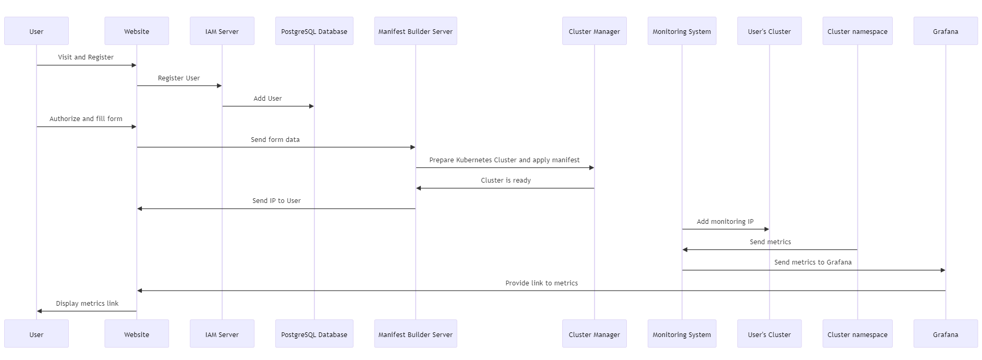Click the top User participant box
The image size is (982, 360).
[37, 31]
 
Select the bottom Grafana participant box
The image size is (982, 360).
[945, 334]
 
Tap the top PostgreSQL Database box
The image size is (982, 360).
[314, 31]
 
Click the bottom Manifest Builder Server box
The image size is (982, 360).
[415, 334]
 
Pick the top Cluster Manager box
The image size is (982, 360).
[594, 31]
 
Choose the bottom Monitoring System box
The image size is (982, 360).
[682, 334]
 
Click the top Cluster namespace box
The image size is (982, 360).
[857, 31]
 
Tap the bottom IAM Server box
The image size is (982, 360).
[222, 334]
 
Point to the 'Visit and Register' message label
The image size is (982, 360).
[86, 57]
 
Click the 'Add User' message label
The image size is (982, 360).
[268, 98]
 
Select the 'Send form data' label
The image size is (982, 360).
[275, 139]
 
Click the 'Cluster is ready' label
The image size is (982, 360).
[505, 180]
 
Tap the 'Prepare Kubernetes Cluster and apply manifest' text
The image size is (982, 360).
[504, 160]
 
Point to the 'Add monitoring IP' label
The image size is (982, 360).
[725, 221]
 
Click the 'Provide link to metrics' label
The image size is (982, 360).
[541, 283]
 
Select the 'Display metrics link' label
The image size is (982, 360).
[87, 303]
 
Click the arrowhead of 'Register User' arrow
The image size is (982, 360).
[220, 86]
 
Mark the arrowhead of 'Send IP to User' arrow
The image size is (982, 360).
[140, 209]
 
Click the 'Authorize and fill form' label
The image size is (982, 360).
[86, 118]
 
